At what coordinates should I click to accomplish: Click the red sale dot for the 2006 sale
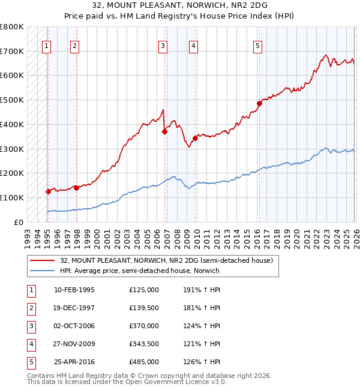click(164, 132)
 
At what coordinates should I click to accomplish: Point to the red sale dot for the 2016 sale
click(259, 104)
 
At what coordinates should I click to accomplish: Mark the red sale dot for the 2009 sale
click(196, 138)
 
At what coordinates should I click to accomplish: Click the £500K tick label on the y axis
click(12, 100)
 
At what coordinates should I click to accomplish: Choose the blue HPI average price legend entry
click(140, 271)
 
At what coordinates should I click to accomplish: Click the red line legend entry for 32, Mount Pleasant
click(166, 260)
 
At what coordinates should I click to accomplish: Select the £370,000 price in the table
click(143, 326)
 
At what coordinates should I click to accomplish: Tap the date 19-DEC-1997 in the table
click(74, 308)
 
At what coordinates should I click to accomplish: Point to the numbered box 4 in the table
click(31, 344)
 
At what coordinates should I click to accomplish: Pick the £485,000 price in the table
click(143, 362)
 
